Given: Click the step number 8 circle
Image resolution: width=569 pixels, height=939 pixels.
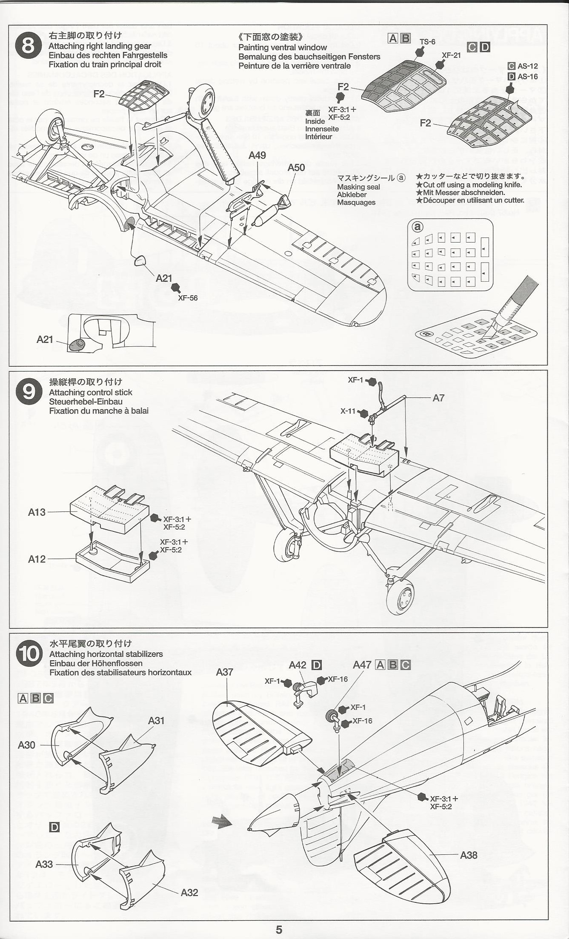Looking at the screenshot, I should (28, 46).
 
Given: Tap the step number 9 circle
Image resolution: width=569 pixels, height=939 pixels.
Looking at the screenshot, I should (29, 391).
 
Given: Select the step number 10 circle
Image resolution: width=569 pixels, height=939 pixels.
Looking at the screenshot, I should (29, 654).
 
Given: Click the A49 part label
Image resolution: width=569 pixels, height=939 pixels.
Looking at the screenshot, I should (257, 155).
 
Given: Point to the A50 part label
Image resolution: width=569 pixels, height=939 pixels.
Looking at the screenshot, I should (296, 168).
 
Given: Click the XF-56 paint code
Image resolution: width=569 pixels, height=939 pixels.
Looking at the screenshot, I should (188, 298).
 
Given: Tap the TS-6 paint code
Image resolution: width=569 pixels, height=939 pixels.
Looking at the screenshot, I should (427, 42).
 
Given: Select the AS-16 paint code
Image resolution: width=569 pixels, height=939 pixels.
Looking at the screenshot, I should (527, 77).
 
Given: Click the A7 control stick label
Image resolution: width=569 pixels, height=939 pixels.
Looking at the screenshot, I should (438, 398).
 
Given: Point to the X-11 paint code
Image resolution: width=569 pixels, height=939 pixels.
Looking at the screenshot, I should (348, 411).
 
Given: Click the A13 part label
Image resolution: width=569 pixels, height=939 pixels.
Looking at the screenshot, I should (37, 512).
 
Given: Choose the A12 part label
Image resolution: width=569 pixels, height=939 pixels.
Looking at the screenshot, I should (37, 559).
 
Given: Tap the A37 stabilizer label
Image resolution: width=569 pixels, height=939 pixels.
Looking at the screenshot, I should (224, 672).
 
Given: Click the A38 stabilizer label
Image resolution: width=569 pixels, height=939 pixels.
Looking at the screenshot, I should (469, 855).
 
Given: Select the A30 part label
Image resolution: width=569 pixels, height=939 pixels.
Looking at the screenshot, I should (26, 745).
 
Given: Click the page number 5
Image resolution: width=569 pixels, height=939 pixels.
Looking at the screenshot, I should (279, 930).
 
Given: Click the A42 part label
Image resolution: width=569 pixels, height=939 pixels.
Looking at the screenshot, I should (297, 665).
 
